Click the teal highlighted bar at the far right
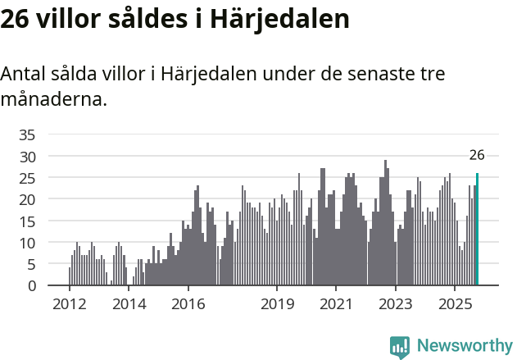477,230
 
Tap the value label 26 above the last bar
477,155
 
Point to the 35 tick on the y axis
27,134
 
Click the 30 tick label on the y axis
27,156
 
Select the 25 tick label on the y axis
27,178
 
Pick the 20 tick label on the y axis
27,199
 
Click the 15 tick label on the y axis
27,221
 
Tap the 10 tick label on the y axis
27,243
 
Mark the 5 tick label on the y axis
31,264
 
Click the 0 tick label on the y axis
31,286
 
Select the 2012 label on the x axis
69,304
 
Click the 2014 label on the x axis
129,304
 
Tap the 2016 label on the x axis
188,304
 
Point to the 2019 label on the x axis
277,304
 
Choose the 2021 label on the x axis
336,304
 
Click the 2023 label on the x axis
396,304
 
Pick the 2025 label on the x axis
456,304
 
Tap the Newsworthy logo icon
400,347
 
